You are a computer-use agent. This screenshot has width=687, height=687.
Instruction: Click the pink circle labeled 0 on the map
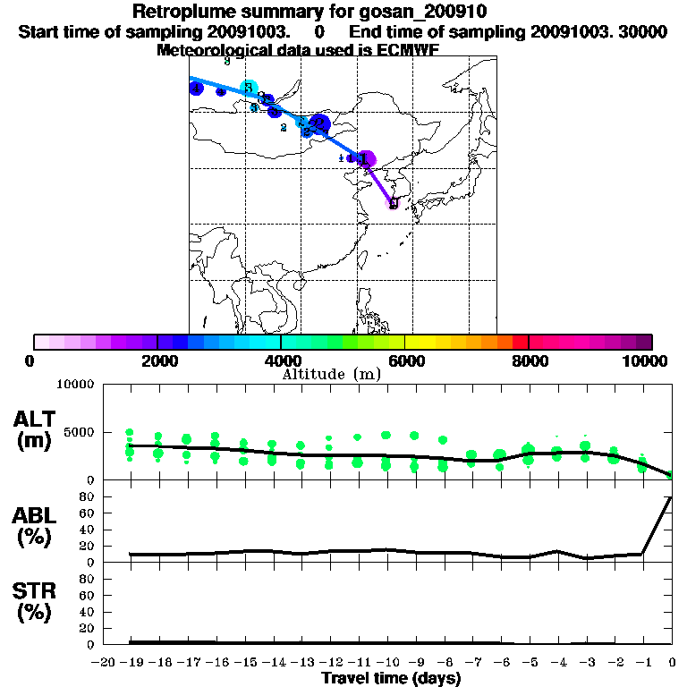point(393,203)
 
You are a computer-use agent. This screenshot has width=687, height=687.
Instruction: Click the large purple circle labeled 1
point(366,159)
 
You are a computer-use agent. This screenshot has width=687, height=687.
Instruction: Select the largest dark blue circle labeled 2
point(320,123)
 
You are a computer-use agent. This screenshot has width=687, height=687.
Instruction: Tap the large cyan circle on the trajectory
point(250,88)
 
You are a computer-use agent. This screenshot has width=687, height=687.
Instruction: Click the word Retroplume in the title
point(181,13)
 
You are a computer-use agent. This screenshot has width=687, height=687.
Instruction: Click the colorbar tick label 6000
point(405,361)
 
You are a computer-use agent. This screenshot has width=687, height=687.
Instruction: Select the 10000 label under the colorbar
point(644,361)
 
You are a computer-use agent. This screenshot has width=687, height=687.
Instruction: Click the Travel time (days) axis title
point(392,678)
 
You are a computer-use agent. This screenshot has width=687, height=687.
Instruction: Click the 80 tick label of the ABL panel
point(88,496)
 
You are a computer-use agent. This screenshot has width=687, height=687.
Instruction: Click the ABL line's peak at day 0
point(671,496)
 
